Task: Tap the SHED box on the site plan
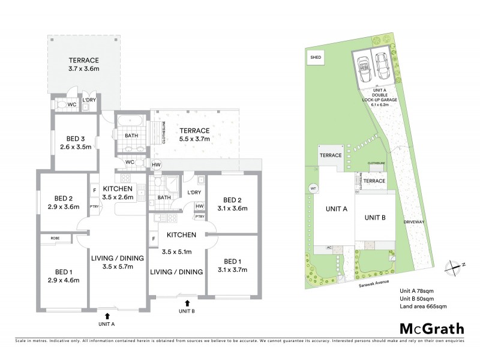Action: point(316,58)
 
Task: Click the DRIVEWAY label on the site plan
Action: point(415,221)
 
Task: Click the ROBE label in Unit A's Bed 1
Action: point(54,239)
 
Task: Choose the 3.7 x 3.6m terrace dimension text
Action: point(83,70)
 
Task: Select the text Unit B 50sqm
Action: point(416,299)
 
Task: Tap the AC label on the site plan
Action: point(329,247)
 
